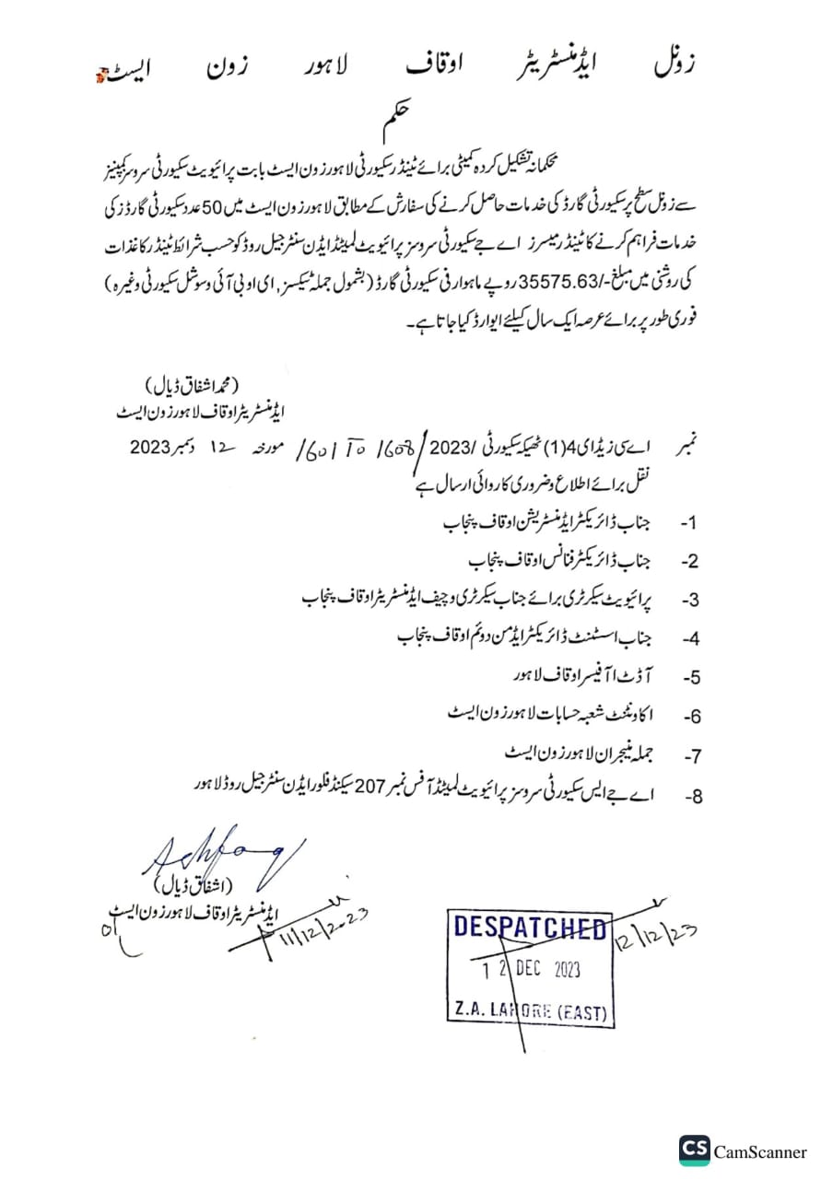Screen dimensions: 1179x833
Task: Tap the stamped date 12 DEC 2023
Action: coord(530,971)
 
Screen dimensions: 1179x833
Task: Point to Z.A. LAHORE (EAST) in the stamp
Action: coord(530,1011)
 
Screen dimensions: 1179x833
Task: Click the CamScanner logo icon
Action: coord(695,1150)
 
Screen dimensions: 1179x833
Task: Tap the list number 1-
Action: coord(689,522)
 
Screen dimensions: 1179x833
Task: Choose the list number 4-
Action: coord(690,638)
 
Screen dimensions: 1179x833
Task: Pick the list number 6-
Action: coord(690,717)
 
